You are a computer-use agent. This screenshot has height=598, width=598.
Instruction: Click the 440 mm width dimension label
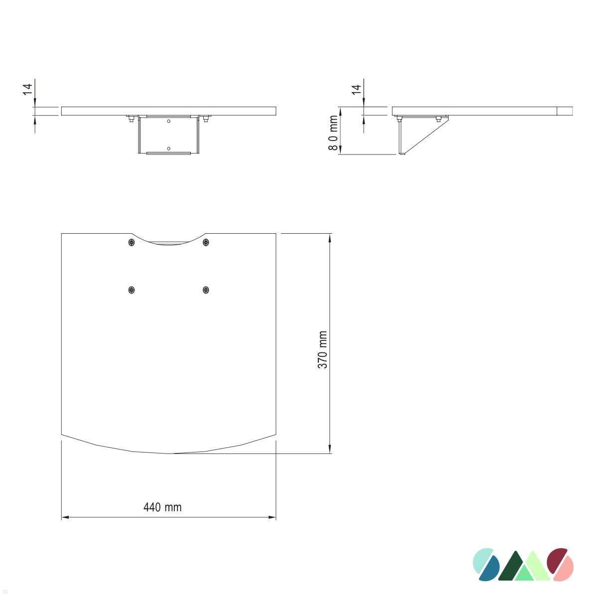point(162,507)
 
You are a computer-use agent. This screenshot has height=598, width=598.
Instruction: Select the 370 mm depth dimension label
point(323,350)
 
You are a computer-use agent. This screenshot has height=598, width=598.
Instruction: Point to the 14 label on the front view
point(28,89)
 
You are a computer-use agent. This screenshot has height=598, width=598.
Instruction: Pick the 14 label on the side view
point(356,90)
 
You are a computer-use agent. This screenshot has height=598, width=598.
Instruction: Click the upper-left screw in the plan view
point(132,242)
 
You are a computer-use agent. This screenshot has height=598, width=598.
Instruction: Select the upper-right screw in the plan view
point(206,242)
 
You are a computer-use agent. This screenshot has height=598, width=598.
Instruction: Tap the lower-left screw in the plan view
point(132,290)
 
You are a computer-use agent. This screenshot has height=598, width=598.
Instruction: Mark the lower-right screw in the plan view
point(206,290)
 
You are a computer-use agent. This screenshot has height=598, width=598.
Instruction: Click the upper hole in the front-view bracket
point(168,121)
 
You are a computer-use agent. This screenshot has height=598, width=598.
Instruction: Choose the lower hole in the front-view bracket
point(168,148)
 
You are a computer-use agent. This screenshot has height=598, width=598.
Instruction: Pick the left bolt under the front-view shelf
point(131,119)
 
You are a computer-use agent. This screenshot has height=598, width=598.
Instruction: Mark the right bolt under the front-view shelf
point(206,119)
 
